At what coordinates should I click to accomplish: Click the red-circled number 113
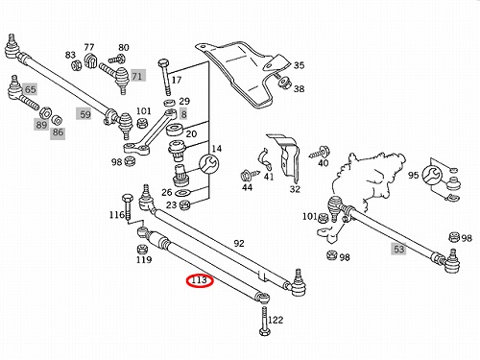coord(199,280)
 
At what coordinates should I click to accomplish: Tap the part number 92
coord(239,244)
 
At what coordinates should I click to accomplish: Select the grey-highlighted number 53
coord(398,249)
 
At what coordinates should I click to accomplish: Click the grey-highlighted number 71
coord(137,76)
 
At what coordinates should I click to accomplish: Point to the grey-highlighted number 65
coord(31,89)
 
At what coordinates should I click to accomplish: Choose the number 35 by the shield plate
coord(299,65)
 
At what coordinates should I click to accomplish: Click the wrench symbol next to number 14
coord(209,164)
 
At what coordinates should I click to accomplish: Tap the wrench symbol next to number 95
coord(432,175)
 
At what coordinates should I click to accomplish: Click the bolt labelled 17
coord(165,77)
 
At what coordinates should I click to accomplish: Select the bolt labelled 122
coord(264,321)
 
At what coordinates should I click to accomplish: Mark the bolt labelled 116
coord(127,205)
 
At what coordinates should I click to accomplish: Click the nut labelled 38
coord(284,83)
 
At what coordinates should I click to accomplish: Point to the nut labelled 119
coord(142,249)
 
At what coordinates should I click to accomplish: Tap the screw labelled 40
coord(320,153)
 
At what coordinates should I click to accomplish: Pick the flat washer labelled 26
coord(183,192)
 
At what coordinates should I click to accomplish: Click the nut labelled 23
coord(185,204)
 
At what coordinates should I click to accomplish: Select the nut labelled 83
coord(77,65)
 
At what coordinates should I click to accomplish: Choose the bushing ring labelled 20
coord(176,130)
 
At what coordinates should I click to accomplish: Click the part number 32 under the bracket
coord(295,189)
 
